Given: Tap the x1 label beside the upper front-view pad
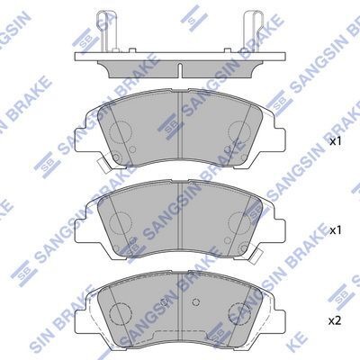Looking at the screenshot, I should pyautogui.click(x=336, y=141).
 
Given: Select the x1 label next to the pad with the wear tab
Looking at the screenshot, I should pyautogui.click(x=336, y=229).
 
